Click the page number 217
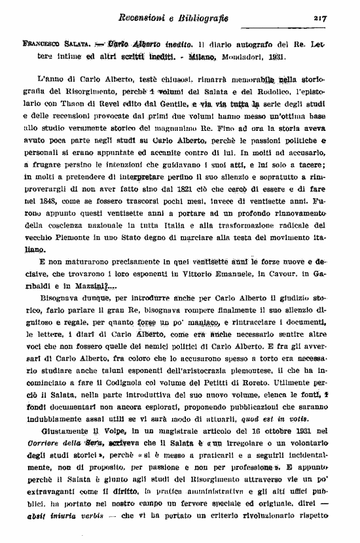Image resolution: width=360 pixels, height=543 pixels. [x=319, y=18]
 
